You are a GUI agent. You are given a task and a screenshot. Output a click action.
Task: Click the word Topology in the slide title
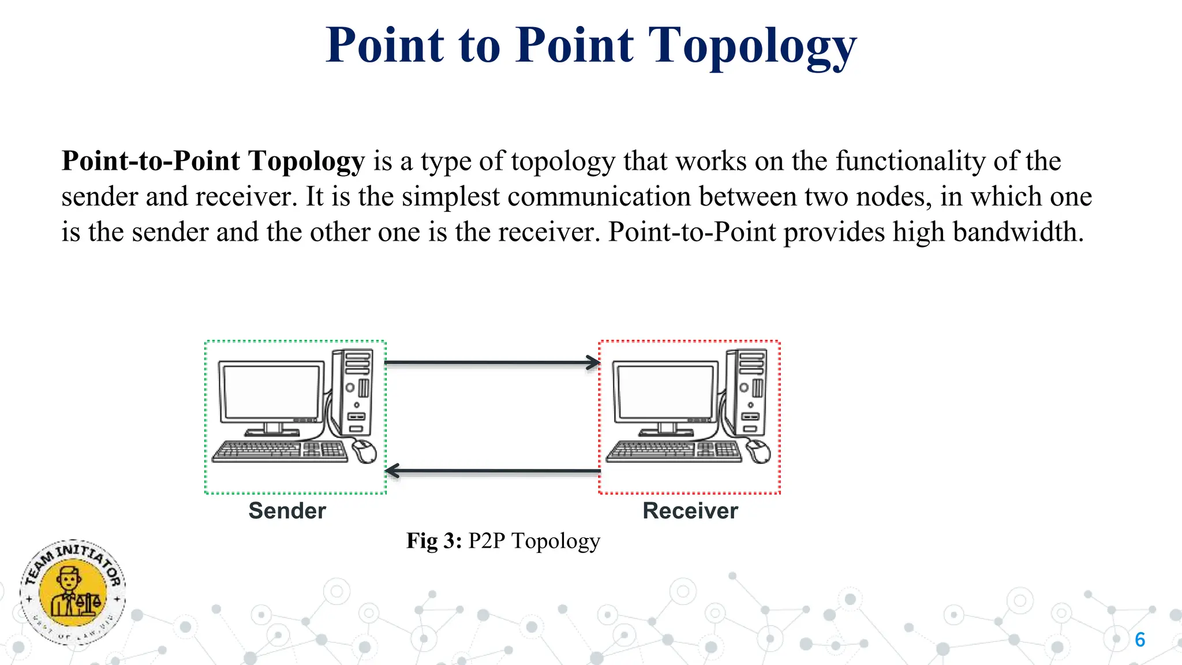[x=753, y=46]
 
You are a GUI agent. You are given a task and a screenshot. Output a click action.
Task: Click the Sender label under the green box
[x=287, y=511]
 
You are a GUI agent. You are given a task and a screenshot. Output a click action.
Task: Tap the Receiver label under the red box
[x=690, y=511]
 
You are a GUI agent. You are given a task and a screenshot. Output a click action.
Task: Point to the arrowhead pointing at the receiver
[x=593, y=363]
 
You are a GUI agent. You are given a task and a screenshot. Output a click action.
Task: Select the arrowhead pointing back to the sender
[x=392, y=471]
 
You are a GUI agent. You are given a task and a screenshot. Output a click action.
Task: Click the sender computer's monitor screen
[x=271, y=391]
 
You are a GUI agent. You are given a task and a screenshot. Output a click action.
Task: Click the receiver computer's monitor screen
[x=665, y=391]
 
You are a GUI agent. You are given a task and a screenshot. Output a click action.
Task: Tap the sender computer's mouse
[x=364, y=451]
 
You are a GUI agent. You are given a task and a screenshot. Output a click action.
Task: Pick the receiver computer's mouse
[x=758, y=451]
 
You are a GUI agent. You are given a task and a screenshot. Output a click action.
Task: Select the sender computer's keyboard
[x=280, y=451]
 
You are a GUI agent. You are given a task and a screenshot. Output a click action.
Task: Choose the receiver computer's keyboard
[x=674, y=451]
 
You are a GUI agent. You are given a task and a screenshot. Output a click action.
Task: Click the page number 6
[x=1140, y=640]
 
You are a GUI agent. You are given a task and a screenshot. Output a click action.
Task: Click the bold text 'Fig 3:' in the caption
[x=434, y=541]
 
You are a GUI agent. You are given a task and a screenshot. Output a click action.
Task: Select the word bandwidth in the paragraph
[x=1018, y=232]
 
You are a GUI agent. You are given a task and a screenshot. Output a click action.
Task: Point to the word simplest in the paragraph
[x=450, y=197]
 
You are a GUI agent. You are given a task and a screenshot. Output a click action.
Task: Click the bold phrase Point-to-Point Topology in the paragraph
[x=213, y=161]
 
